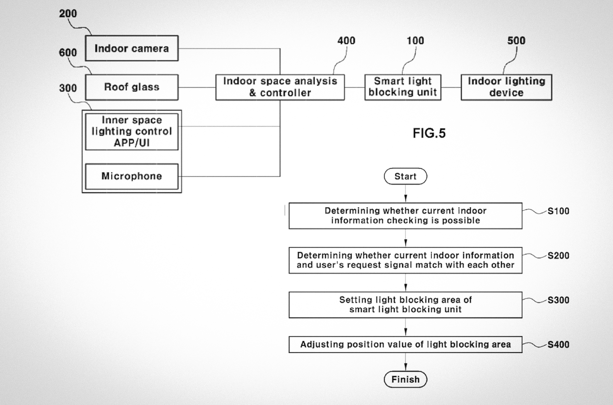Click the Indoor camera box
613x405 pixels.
tap(132, 48)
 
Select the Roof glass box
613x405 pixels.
tap(132, 87)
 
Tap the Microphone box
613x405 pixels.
tap(132, 176)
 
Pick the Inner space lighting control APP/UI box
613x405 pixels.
tap(132, 132)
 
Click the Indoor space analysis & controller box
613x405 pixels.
tap(280, 87)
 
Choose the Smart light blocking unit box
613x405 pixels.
tap(403, 87)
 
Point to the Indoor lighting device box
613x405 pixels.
tap(506, 87)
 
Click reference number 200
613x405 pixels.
tap(68, 13)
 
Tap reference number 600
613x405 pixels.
tap(68, 53)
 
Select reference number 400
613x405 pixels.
tap(346, 41)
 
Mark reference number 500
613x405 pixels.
tap(516, 41)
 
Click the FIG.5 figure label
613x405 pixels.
tap(429, 133)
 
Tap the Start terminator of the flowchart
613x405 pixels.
tap(405, 176)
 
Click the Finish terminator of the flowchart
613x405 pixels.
tap(405, 379)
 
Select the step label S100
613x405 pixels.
tap(558, 211)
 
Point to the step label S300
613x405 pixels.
tap(558, 300)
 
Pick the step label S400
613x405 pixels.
tap(558, 345)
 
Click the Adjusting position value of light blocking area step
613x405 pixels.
tap(405, 344)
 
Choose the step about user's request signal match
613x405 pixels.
tap(405, 260)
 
